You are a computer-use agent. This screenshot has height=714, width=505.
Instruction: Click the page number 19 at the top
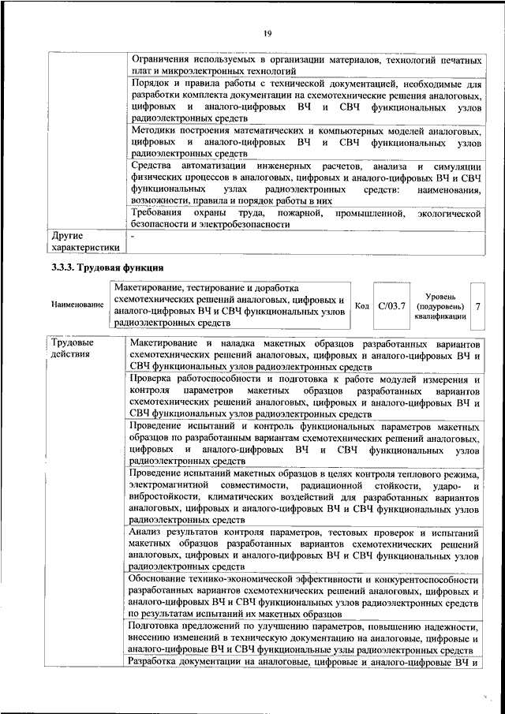point(267,32)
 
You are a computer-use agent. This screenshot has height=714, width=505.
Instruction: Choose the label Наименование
point(77,305)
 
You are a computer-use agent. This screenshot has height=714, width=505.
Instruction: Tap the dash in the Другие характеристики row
point(133,235)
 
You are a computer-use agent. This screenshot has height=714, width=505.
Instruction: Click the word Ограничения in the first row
point(163,60)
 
